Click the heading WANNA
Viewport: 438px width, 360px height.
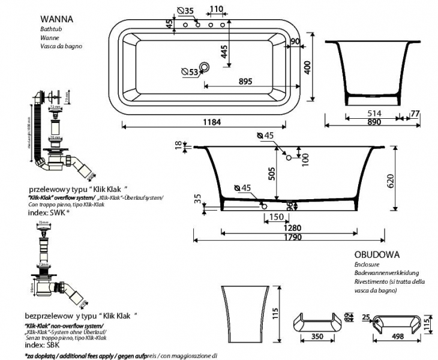pyautogui.click(x=58, y=19)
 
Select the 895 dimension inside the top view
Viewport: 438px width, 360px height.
pyautogui.click(x=244, y=82)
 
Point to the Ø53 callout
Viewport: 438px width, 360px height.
pyautogui.click(x=190, y=72)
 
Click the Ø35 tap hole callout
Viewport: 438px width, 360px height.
pyautogui.click(x=186, y=11)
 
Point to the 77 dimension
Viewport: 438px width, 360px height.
pyautogui.click(x=415, y=112)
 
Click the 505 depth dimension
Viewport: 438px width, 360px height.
pyautogui.click(x=271, y=173)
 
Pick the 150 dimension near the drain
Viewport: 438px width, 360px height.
pyautogui.click(x=275, y=217)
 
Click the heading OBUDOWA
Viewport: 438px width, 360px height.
pyautogui.click(x=377, y=254)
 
